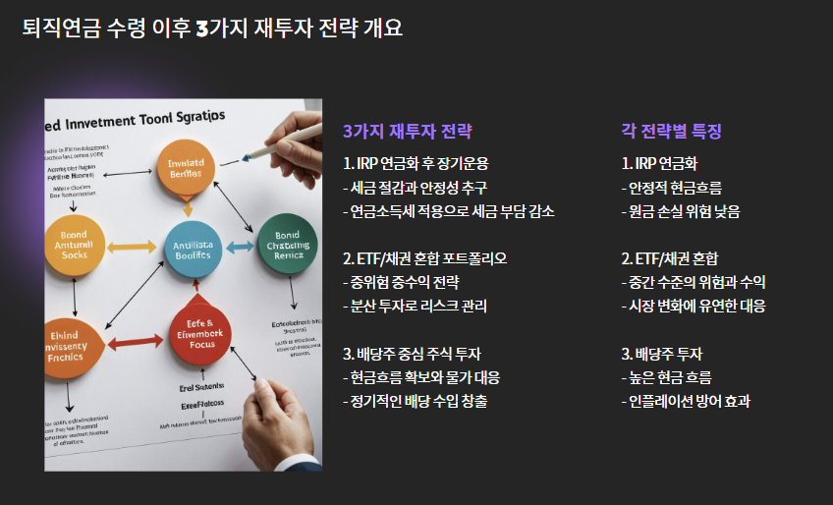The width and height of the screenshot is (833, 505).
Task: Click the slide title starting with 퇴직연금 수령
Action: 212,28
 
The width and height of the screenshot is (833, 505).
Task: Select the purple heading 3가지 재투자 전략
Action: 407,132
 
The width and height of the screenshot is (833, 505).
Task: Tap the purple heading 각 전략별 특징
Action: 671,132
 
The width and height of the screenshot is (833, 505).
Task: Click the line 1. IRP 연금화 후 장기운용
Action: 416,163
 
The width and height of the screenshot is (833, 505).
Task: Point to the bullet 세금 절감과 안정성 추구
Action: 415,187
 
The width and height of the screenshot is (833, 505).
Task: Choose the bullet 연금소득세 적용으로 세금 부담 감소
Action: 448,211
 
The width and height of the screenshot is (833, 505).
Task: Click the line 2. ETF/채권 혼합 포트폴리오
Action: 424,258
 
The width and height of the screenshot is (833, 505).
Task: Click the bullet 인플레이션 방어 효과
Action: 686,401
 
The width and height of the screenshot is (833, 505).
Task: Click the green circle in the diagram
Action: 287,242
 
